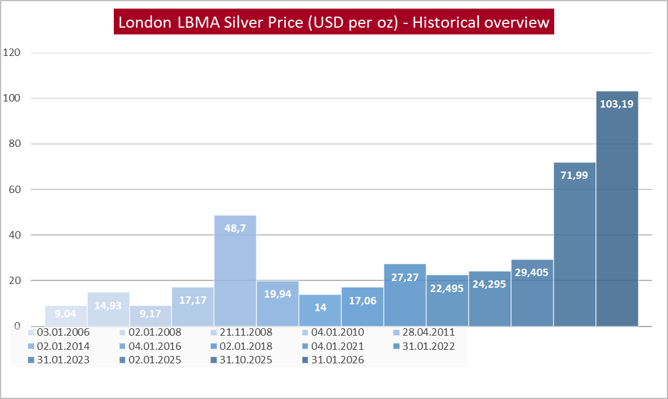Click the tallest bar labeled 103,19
point(617,209)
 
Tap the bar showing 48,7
point(235,271)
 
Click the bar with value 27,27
point(405,295)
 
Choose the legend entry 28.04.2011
point(424,333)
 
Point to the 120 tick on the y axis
point(12,53)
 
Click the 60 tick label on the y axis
point(14,189)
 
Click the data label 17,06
point(362,301)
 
